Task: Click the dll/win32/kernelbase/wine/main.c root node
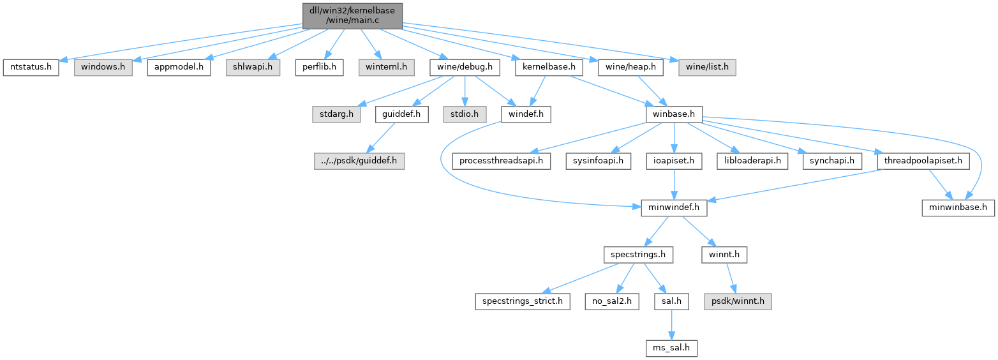(x=352, y=15)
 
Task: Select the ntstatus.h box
(x=31, y=66)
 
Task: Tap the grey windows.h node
(x=103, y=66)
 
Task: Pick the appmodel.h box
(x=179, y=66)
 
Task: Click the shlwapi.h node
(x=253, y=66)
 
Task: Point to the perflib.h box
(x=320, y=66)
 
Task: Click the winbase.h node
(x=674, y=114)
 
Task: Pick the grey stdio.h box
(x=465, y=114)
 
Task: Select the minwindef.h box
(x=674, y=207)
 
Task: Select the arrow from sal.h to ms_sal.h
(x=669, y=325)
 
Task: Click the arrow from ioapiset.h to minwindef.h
(x=674, y=184)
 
